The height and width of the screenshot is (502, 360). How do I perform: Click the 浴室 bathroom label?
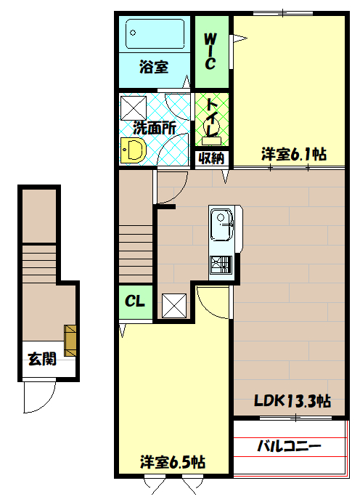point(154,68)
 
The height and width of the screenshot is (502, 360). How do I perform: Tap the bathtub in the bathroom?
point(155,34)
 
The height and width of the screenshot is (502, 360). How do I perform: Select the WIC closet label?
point(210,51)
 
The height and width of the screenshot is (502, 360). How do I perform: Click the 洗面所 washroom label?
point(154,127)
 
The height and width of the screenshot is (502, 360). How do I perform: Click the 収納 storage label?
point(211,157)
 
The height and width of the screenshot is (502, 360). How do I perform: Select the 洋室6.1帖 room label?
point(293,154)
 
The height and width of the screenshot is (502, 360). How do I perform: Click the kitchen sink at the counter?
point(221,226)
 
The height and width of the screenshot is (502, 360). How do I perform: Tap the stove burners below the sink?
point(220,266)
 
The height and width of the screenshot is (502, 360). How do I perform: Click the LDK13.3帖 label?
point(292,400)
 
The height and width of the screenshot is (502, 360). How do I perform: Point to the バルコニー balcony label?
point(289,445)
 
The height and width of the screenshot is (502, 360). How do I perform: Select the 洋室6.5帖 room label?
point(172,462)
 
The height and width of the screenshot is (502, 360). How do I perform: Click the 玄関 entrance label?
point(43,359)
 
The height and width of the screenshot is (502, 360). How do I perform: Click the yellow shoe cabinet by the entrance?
point(70,340)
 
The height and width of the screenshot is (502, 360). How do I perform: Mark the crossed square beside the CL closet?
point(174,305)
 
